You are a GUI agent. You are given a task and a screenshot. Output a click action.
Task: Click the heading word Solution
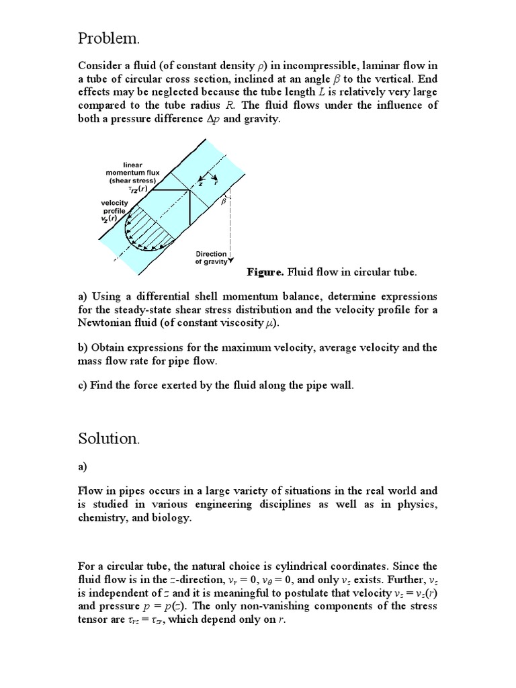[x=108, y=439]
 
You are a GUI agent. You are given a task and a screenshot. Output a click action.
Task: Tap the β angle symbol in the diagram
[x=222, y=201]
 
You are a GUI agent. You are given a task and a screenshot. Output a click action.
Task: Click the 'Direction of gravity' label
[x=211, y=258]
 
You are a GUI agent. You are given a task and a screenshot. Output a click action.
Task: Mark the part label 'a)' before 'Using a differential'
[x=83, y=296]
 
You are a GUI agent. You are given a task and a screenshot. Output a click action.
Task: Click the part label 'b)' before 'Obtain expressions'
[x=84, y=347]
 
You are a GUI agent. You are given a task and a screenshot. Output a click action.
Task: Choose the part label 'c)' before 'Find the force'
[x=83, y=385]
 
